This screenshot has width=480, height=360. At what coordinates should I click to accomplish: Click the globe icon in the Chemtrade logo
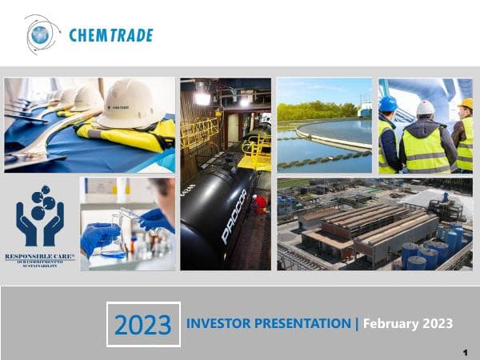[x=39, y=34]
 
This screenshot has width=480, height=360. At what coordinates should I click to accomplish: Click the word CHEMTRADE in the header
[x=110, y=35]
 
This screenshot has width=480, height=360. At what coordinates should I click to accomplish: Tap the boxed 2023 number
[x=143, y=325]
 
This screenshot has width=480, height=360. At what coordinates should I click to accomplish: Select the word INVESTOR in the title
[x=220, y=324]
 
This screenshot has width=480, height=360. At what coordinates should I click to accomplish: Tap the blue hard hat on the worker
[x=388, y=104]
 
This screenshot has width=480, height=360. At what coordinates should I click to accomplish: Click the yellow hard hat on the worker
[x=466, y=103]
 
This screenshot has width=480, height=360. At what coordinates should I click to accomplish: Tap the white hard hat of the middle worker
[x=426, y=107]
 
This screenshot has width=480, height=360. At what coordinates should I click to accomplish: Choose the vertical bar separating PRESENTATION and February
[x=357, y=324]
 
